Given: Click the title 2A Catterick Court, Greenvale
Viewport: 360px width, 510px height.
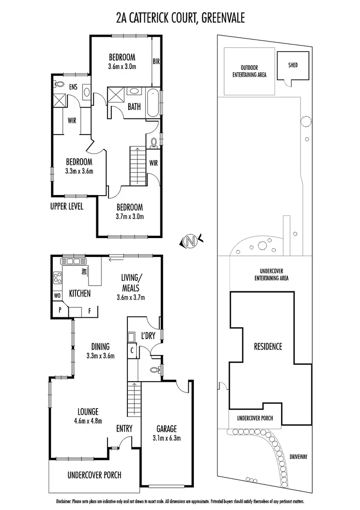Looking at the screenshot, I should pyautogui.click(x=180, y=18).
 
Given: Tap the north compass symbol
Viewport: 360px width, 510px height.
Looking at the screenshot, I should pyautogui.click(x=191, y=242).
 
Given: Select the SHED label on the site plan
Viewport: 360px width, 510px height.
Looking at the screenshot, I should pyautogui.click(x=293, y=65).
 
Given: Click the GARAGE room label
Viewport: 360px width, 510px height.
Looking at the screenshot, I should pyautogui.click(x=166, y=429).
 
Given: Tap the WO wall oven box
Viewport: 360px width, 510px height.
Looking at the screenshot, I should pyautogui.click(x=58, y=295).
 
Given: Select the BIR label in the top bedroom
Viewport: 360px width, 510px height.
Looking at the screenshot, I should pyautogui.click(x=156, y=61).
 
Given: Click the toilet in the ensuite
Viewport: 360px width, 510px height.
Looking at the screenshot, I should pyautogui.click(x=59, y=85).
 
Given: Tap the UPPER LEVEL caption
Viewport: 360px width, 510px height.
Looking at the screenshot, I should pyautogui.click(x=67, y=206).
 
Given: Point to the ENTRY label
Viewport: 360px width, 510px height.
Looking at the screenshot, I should pyautogui.click(x=124, y=429).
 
